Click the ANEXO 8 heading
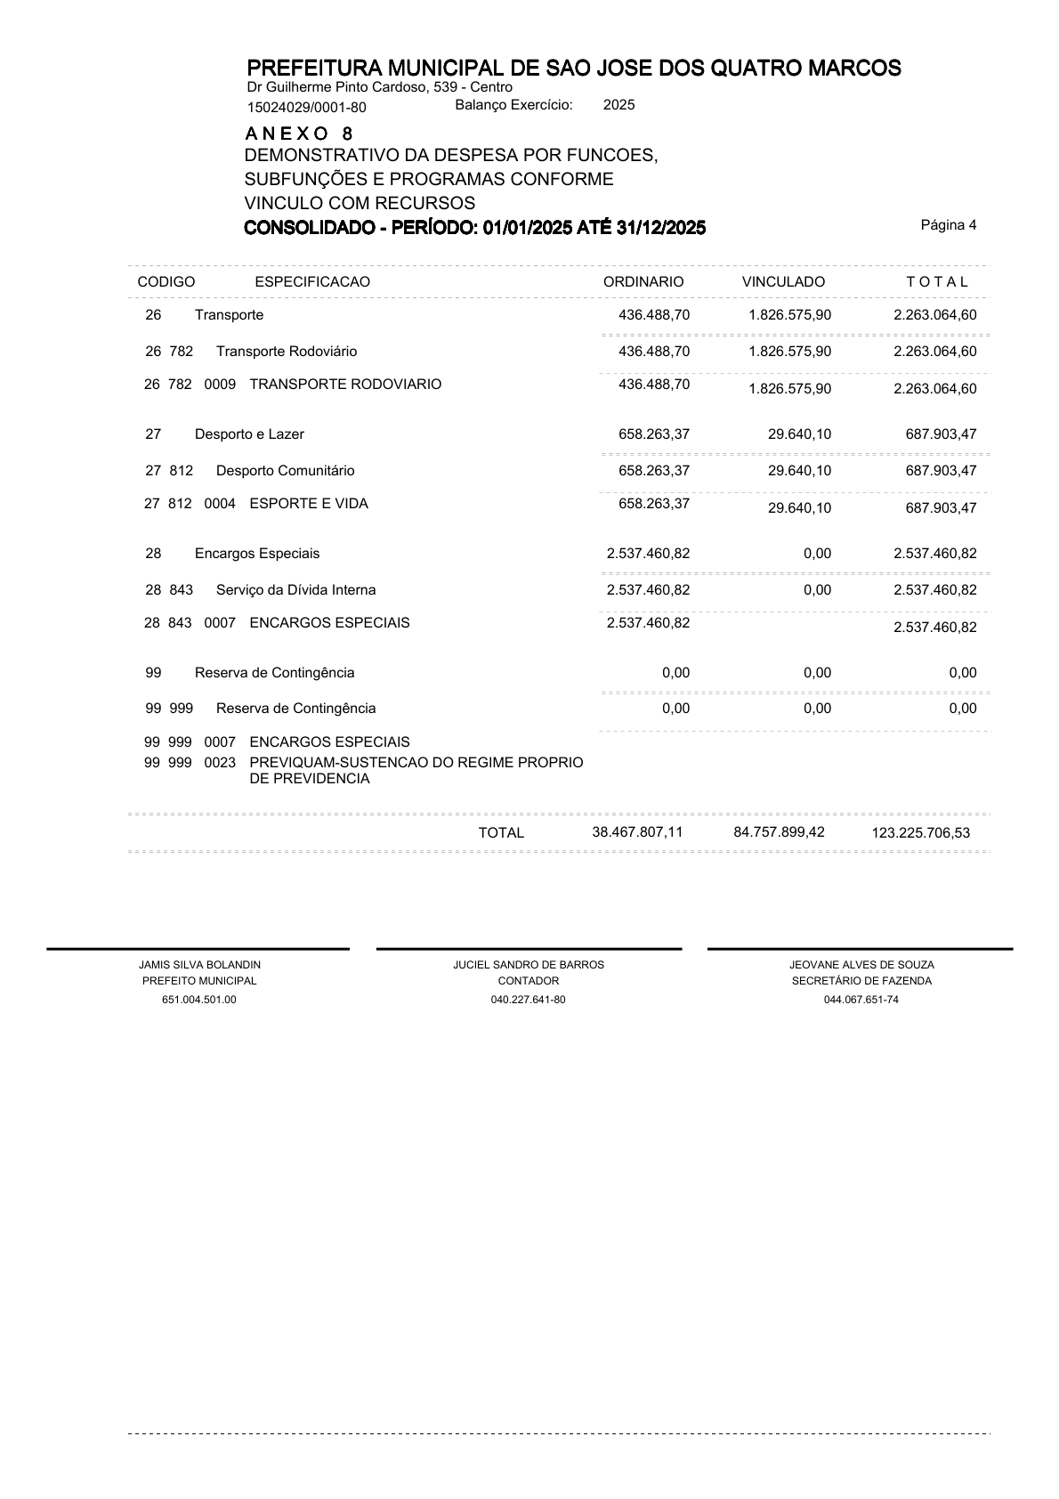click(x=299, y=134)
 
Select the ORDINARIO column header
click(x=643, y=282)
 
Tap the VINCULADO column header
click(x=783, y=282)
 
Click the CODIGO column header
click(x=166, y=282)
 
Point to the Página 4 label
click(x=948, y=225)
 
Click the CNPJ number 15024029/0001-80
click(x=306, y=108)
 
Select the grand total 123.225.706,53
click(x=921, y=834)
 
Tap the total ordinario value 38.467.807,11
click(x=637, y=832)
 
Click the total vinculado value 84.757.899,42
click(x=779, y=832)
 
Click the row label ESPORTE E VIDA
click(x=309, y=504)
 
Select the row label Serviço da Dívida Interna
click(x=295, y=590)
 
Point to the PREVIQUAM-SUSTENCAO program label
click(x=416, y=763)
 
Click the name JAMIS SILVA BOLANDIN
click(x=199, y=965)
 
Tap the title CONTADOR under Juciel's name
click(x=529, y=981)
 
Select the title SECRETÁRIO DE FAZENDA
click(x=861, y=981)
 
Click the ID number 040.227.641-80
click(x=528, y=1000)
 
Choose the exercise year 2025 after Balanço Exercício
click(x=618, y=105)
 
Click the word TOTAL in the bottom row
click(x=501, y=833)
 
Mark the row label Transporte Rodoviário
click(x=287, y=352)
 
